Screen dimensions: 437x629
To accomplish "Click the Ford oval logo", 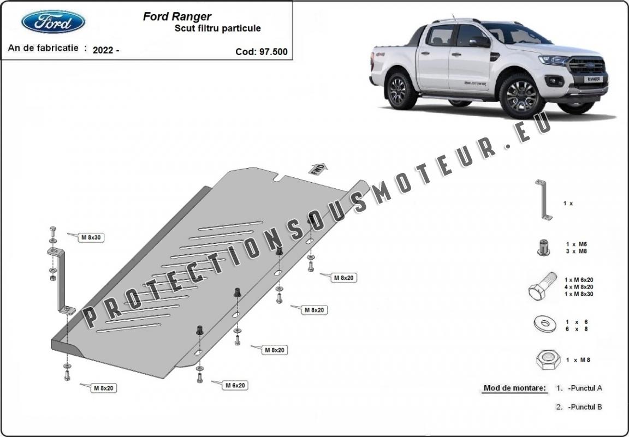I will (53, 22).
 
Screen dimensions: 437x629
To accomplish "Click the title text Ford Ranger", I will (177, 16).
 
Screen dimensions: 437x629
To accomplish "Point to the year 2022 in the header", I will (103, 50).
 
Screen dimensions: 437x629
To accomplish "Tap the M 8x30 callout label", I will (92, 237).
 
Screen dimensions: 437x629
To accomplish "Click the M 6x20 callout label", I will (235, 385).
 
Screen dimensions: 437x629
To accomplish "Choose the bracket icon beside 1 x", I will (543, 199).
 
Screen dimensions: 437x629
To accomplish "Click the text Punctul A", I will (585, 388).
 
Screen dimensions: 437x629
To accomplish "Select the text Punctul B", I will (585, 406).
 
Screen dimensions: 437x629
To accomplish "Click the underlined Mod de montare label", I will (514, 388).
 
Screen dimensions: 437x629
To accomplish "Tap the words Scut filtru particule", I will (217, 28).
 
